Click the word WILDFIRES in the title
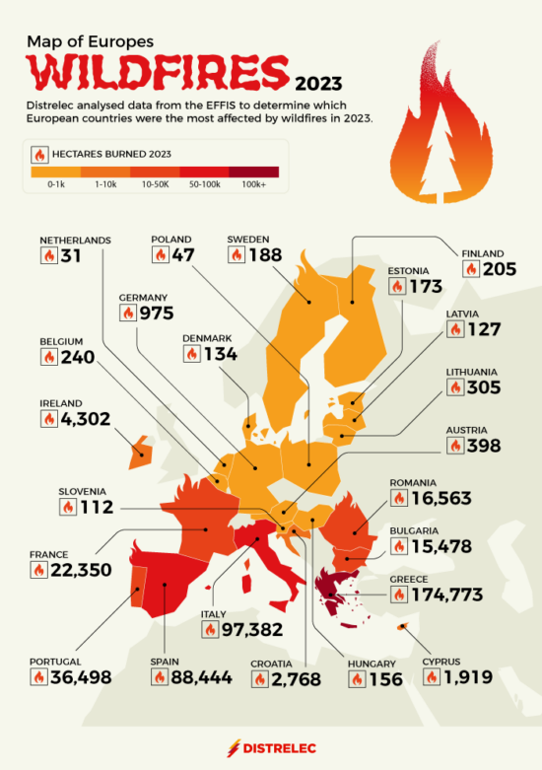pyautogui.click(x=156, y=72)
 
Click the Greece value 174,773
pyautogui.click(x=450, y=595)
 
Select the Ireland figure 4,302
pyautogui.click(x=84, y=419)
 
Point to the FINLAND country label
pyautogui.click(x=483, y=253)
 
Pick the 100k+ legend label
pyautogui.click(x=255, y=183)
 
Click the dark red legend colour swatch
pyautogui.click(x=255, y=171)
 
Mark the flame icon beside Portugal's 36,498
pyautogui.click(x=40, y=677)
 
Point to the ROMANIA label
pyautogui.click(x=413, y=483)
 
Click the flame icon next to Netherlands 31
pyautogui.click(x=48, y=254)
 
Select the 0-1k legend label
pyautogui.click(x=57, y=183)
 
